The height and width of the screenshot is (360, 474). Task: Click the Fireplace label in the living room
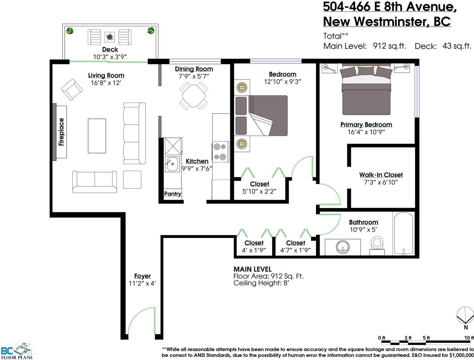tap(61, 132)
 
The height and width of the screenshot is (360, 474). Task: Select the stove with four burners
tap(220, 152)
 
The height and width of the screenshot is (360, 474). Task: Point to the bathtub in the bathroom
tap(404, 233)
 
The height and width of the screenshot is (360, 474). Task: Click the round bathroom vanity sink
tap(342, 247)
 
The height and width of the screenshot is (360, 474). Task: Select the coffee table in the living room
tap(97, 136)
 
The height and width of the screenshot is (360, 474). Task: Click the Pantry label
tap(172, 194)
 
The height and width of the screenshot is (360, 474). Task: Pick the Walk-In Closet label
tap(381, 175)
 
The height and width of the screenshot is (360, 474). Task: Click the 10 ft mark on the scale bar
tap(469, 338)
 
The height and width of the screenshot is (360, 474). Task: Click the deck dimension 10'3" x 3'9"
tap(110, 57)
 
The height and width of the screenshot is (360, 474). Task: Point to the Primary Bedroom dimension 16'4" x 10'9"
tap(366, 132)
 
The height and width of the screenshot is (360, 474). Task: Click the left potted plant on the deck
tap(70, 31)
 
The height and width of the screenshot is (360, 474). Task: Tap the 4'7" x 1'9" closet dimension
tap(295, 250)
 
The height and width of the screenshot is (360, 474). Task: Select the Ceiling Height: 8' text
tap(262, 283)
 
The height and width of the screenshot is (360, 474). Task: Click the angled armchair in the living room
tap(72, 90)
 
